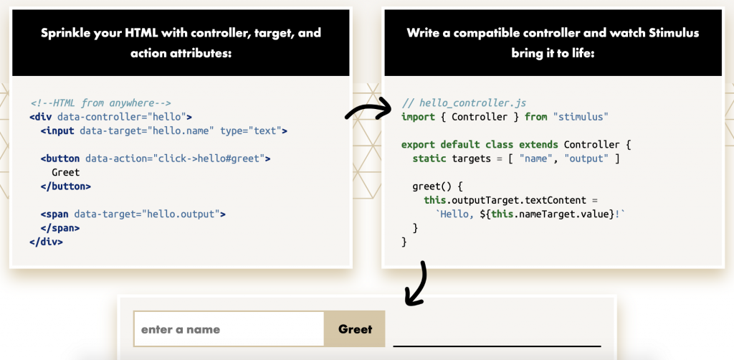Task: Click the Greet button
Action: click(355, 329)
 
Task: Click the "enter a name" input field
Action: click(229, 329)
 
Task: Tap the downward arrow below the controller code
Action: click(417, 283)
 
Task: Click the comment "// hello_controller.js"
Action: click(455, 103)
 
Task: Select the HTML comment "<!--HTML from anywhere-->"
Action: click(100, 103)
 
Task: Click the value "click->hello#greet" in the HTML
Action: click(206, 158)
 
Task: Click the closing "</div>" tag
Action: click(47, 242)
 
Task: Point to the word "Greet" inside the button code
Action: click(66, 173)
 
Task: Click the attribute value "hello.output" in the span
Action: click(183, 214)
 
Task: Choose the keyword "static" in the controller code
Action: click(429, 158)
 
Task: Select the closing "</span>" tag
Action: click(60, 228)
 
